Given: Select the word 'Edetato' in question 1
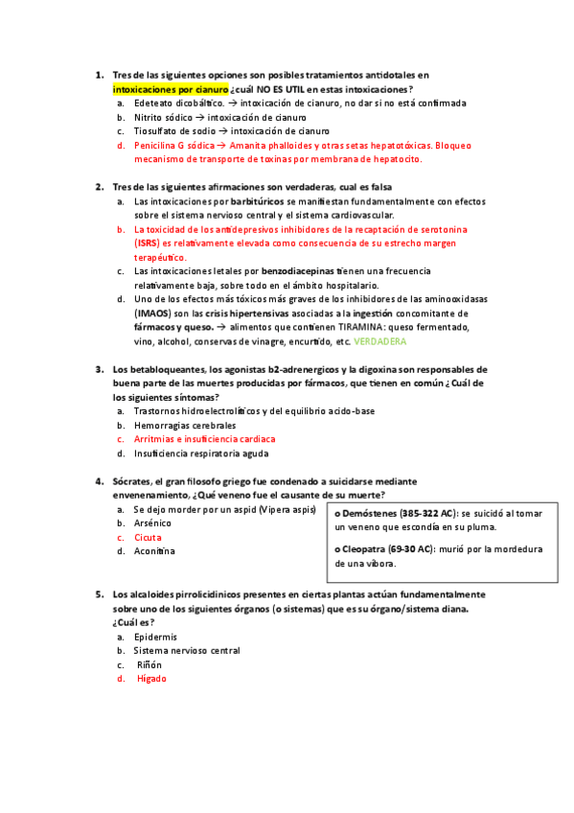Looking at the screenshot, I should tap(151, 103).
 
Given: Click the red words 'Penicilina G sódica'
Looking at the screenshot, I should tap(174, 146).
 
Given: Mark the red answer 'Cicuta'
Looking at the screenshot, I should tap(148, 538).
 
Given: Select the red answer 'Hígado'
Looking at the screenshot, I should tap(151, 679).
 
